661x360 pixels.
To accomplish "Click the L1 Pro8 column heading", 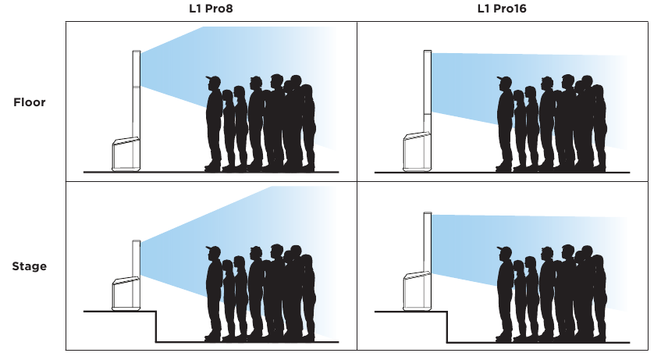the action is pyautogui.click(x=211, y=9).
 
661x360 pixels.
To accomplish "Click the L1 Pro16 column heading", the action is pyautogui.click(x=502, y=9).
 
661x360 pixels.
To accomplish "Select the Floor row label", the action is pyautogui.click(x=30, y=102).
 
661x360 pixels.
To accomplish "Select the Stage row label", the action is pyautogui.click(x=29, y=266).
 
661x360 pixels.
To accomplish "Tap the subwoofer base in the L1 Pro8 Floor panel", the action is pyautogui.click(x=126, y=155).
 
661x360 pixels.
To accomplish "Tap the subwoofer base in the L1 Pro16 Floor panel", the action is pyautogui.click(x=417, y=152).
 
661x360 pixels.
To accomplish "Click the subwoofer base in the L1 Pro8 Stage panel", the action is pyautogui.click(x=126, y=294).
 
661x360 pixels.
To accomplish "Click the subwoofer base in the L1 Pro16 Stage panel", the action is pyautogui.click(x=417, y=291).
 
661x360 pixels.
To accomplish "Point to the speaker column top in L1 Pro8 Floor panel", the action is pyautogui.click(x=137, y=52).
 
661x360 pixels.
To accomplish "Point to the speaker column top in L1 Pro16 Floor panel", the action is pyautogui.click(x=428, y=52).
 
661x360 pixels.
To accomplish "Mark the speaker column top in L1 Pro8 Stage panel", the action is pyautogui.click(x=137, y=242).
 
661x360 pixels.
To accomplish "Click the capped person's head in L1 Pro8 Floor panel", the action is pyautogui.click(x=214, y=82).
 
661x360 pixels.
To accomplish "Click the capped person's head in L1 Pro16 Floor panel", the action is pyautogui.click(x=505, y=82).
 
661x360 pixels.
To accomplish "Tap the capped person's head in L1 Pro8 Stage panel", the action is pyautogui.click(x=214, y=252).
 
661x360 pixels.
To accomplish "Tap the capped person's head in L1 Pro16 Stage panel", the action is pyautogui.click(x=505, y=253).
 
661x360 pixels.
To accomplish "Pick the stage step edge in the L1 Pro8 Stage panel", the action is pyautogui.click(x=156, y=326).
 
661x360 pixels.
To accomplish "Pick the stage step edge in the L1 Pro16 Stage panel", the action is pyautogui.click(x=447, y=326).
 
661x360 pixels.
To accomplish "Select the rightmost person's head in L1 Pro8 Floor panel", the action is pyautogui.click(x=307, y=92).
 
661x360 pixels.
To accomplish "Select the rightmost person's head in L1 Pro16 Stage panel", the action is pyautogui.click(x=598, y=262).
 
